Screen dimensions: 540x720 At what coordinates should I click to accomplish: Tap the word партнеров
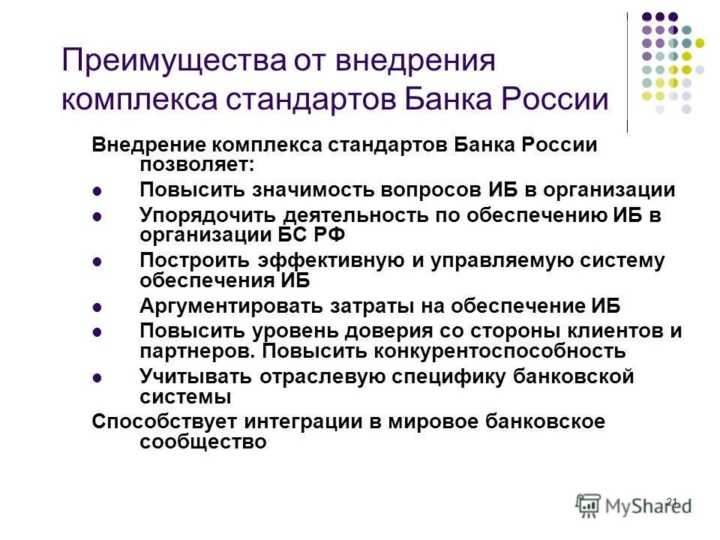(x=197, y=350)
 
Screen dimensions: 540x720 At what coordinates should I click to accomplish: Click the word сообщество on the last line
(x=202, y=442)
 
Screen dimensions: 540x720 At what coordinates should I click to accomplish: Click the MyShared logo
(x=634, y=503)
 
